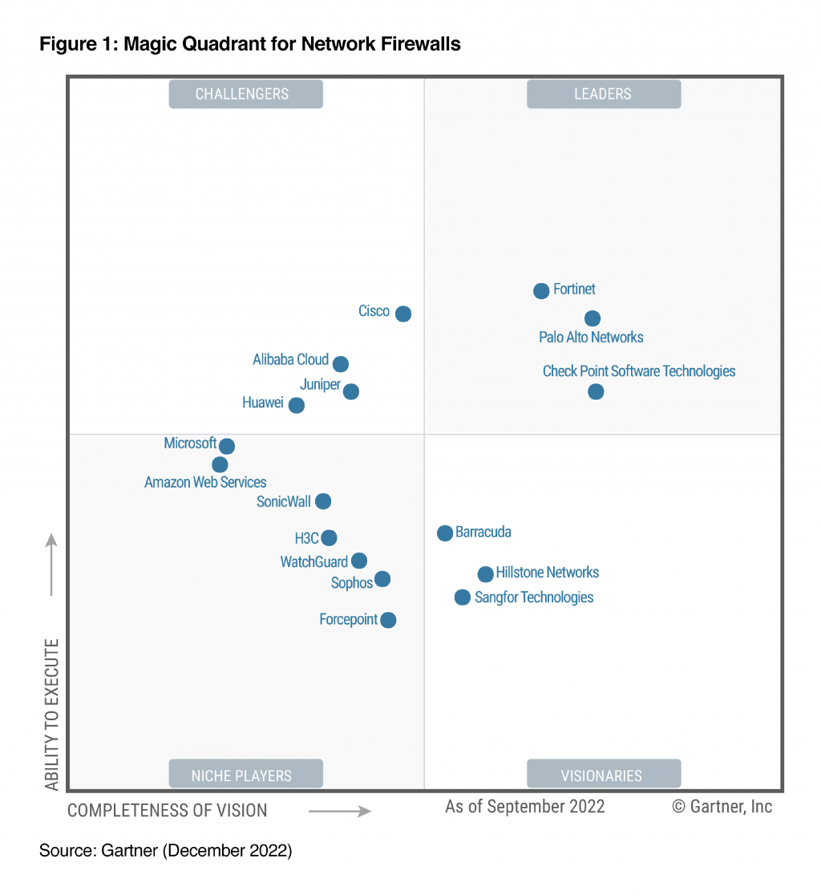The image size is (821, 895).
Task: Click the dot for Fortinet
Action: click(x=541, y=290)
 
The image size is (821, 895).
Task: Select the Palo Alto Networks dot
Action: click(x=592, y=318)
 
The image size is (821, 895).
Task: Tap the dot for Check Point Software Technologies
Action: click(x=596, y=391)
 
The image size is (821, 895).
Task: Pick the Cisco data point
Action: click(x=403, y=314)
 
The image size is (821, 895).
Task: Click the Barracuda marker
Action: click(x=444, y=533)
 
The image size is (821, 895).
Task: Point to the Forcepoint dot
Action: click(x=388, y=620)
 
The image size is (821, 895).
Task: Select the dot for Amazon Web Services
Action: click(x=220, y=464)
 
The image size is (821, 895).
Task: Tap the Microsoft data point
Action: click(x=227, y=446)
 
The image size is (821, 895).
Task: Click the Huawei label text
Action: click(x=263, y=403)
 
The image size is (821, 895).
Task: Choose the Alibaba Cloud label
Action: click(x=291, y=360)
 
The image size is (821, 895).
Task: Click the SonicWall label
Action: click(x=283, y=502)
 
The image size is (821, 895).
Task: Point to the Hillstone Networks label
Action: click(x=548, y=573)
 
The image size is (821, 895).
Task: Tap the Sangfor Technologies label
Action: click(x=534, y=597)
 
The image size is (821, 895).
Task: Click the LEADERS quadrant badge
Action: click(x=603, y=94)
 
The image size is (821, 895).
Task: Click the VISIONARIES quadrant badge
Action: click(x=603, y=775)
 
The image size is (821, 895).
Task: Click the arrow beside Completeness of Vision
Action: click(x=340, y=812)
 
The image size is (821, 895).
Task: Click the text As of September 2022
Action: click(x=525, y=806)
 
